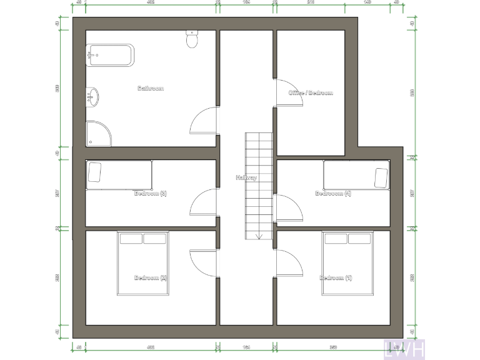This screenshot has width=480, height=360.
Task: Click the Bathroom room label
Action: pyautogui.click(x=151, y=89)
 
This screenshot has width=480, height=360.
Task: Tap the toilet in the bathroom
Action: pyautogui.click(x=192, y=40)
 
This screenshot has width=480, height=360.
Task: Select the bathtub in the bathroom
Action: pyautogui.click(x=110, y=55)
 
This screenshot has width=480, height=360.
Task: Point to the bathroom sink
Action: pyautogui.click(x=93, y=96)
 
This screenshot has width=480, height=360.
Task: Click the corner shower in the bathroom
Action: pyautogui.click(x=97, y=133)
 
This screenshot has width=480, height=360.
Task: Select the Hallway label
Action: pyautogui.click(x=246, y=177)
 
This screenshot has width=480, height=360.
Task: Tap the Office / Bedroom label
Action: pyautogui.click(x=311, y=93)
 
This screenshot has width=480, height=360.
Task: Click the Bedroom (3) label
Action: pyautogui.click(x=151, y=193)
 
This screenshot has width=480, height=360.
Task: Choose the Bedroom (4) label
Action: pyautogui.click(x=333, y=193)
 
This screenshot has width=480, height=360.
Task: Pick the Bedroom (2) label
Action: pyautogui.click(x=151, y=277)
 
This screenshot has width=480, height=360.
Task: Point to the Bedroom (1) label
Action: pyautogui.click(x=336, y=277)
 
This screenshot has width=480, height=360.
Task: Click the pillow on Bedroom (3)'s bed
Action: pyautogui.click(x=95, y=172)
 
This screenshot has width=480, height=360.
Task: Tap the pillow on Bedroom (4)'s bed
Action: pyautogui.click(x=381, y=177)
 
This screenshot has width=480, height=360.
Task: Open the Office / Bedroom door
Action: pyautogui.click(x=288, y=92)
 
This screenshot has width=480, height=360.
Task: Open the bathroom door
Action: pyautogui.click(x=204, y=120)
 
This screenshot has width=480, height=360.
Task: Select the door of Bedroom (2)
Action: pyautogui.click(x=203, y=263)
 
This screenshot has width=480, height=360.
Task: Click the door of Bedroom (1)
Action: pyautogui.click(x=289, y=262)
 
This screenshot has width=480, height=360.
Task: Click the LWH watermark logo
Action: pyautogui.click(x=405, y=349)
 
